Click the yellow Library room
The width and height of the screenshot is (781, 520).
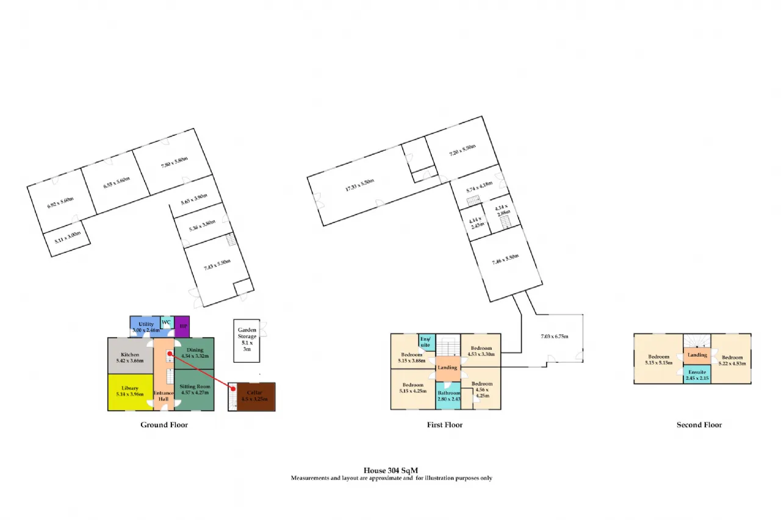(x=130, y=391)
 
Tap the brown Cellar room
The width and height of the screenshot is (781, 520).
(x=255, y=396)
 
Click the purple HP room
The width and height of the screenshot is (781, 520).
(x=182, y=326)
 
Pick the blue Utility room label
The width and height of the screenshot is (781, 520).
(x=146, y=324)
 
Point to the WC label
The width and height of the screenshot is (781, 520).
(x=166, y=322)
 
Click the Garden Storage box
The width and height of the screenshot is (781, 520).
(x=247, y=337)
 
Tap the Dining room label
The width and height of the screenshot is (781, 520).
(x=195, y=350)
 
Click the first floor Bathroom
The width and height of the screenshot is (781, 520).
(x=448, y=396)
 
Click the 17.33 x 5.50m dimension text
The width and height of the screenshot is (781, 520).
(x=359, y=182)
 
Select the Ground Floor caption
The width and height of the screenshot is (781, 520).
(x=164, y=425)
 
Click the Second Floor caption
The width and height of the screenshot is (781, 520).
(x=699, y=425)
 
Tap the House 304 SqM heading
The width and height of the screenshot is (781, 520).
(x=390, y=470)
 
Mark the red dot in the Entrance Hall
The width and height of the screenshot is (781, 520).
(x=170, y=354)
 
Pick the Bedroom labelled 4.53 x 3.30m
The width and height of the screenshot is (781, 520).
(x=481, y=351)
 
